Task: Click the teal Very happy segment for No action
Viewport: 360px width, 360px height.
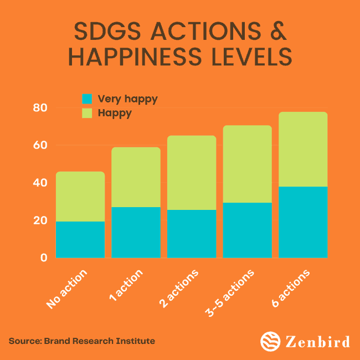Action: click(x=80, y=239)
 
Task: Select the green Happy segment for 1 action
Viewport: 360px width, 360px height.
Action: click(x=136, y=177)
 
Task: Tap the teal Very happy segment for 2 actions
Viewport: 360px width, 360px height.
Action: click(x=192, y=234)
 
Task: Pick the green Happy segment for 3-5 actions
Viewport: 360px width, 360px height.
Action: click(x=247, y=164)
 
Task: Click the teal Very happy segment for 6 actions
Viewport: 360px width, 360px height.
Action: click(x=303, y=222)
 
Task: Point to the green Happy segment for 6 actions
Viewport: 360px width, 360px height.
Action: click(x=303, y=150)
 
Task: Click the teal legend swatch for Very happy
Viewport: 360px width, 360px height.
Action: click(x=87, y=100)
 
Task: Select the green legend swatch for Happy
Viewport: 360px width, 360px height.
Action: click(x=87, y=114)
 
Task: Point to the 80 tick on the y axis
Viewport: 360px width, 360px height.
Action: click(x=40, y=108)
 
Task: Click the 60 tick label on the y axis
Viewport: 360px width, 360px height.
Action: click(x=40, y=146)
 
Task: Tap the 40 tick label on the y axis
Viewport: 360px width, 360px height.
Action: click(x=40, y=183)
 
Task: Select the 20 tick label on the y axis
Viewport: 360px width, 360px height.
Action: click(x=40, y=220)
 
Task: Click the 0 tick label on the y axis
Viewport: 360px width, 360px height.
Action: click(x=43, y=258)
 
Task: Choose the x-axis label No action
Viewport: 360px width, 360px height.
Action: click(x=67, y=289)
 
